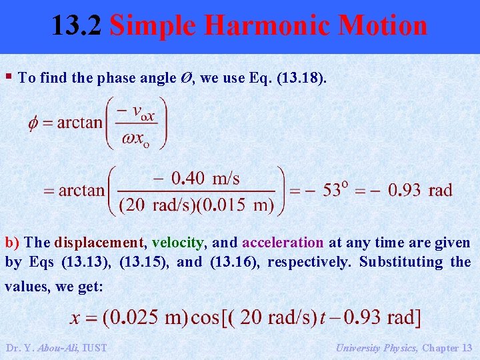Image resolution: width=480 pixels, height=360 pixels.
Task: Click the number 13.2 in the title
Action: click(x=77, y=26)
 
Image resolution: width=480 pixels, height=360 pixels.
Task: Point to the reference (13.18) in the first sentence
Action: click(x=299, y=78)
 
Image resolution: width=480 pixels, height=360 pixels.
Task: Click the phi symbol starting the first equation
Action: click(x=33, y=123)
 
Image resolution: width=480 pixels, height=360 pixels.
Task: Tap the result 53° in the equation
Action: click(x=335, y=190)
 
